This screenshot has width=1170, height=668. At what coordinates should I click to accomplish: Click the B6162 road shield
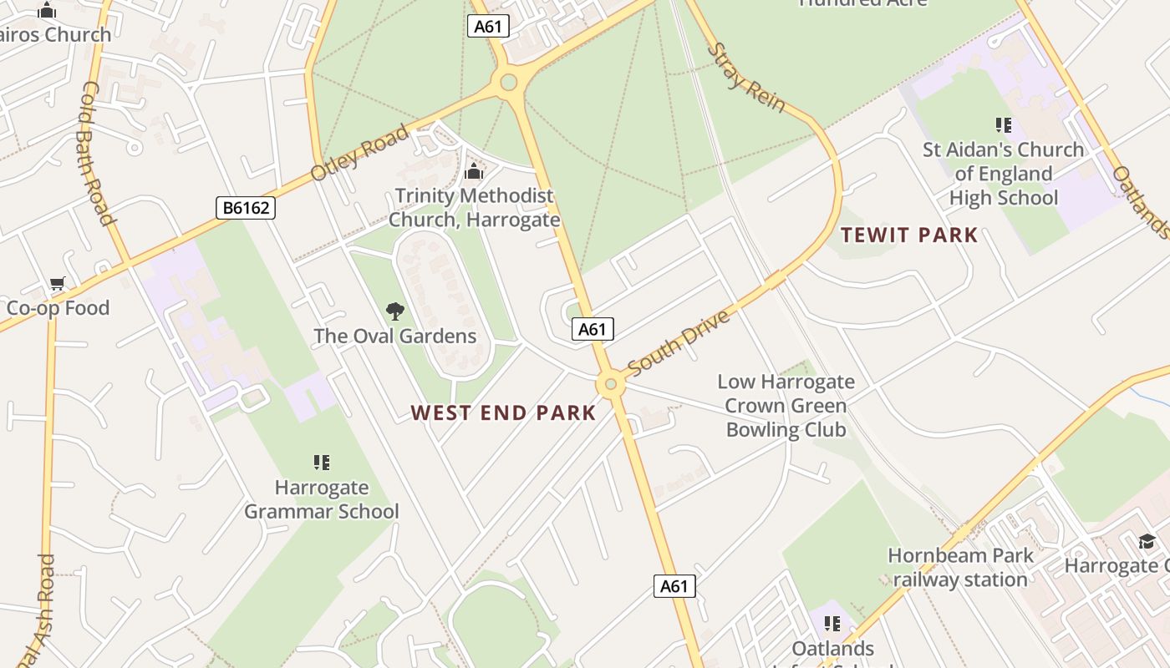[246, 208]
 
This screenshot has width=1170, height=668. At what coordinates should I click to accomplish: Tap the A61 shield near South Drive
[593, 329]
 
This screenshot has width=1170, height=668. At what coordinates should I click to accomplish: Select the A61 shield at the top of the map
[488, 26]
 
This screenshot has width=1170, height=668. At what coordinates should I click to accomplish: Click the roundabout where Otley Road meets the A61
[508, 82]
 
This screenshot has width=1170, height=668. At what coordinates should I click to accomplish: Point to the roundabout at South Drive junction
[611, 384]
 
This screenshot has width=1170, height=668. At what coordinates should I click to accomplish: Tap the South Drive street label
[678, 342]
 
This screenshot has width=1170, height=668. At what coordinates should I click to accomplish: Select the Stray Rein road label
[746, 77]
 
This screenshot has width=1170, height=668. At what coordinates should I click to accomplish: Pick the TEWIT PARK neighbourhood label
[909, 235]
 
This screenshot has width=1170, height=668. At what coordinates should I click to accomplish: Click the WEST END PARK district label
[504, 413]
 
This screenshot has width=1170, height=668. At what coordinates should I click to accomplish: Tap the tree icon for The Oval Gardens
[395, 311]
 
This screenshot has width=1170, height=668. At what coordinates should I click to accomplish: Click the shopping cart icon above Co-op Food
[58, 283]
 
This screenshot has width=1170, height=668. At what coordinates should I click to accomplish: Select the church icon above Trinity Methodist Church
[474, 172]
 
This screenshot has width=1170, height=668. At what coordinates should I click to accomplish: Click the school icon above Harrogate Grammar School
[322, 462]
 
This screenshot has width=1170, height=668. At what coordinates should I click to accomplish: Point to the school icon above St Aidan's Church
[1003, 125]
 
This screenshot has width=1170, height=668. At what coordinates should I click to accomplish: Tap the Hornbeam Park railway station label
[960, 567]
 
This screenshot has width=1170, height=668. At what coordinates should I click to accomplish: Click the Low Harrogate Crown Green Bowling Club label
[786, 406]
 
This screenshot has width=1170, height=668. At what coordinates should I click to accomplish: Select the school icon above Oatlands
[832, 624]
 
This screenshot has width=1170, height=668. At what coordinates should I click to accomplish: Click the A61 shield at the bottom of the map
[674, 586]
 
